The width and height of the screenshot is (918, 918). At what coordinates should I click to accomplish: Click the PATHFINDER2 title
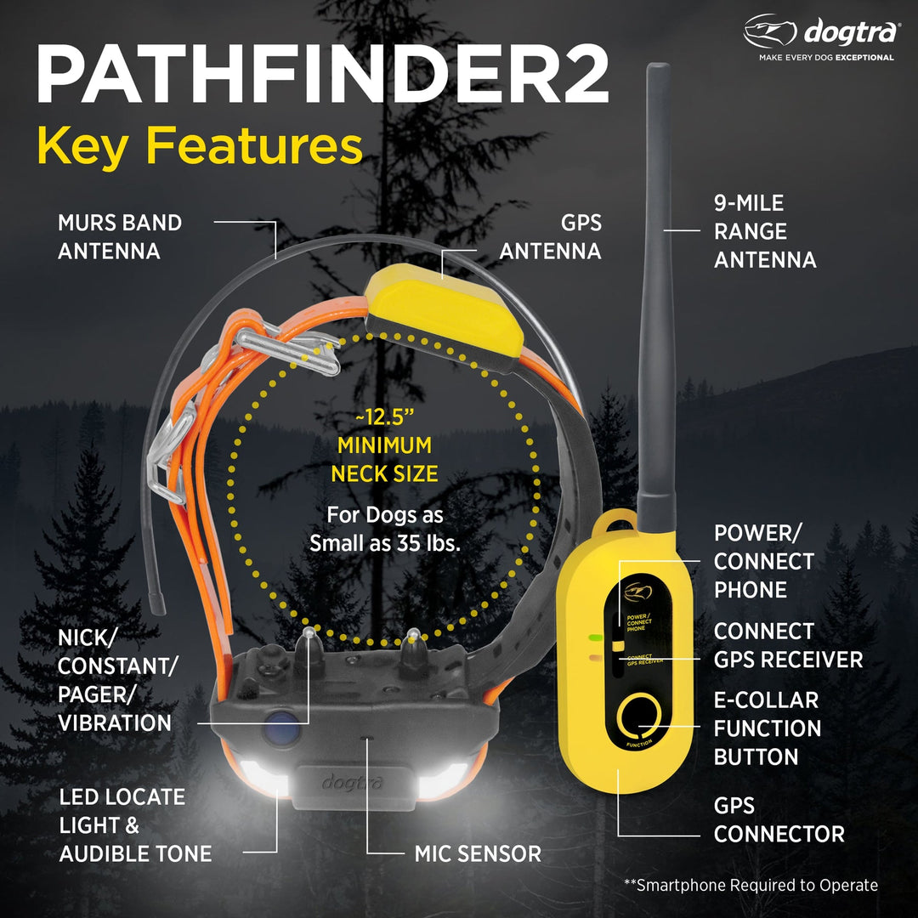coord(321,76)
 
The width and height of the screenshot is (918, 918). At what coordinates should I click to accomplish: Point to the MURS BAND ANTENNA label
coord(120,237)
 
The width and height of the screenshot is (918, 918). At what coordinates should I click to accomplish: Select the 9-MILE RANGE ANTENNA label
coord(764,231)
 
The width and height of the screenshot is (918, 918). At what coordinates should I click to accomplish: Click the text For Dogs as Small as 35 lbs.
coord(384,530)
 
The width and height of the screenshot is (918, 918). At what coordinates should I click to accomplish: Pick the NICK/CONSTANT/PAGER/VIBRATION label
coord(114,679)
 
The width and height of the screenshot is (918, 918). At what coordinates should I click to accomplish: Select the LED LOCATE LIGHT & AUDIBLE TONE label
coord(134,825)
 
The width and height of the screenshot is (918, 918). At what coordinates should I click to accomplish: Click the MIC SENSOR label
coord(478,853)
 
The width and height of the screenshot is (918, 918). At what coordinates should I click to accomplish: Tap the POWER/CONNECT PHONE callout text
coord(763,561)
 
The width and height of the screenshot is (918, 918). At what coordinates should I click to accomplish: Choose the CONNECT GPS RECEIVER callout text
coord(787,645)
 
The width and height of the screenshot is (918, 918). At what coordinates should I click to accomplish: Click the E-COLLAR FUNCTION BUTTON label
coord(767,728)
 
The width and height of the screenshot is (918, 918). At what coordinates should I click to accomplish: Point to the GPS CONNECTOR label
coord(779,819)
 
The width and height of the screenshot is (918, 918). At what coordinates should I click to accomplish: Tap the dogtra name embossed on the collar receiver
coord(352,780)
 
